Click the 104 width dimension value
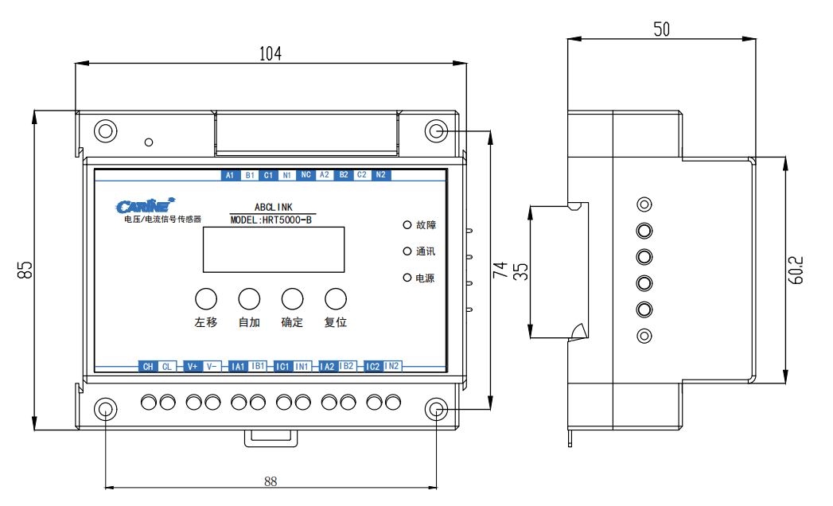(x=271, y=54)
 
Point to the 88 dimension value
(x=271, y=481)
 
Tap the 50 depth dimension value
(x=661, y=29)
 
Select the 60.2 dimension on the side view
(x=798, y=270)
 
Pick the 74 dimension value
(x=499, y=270)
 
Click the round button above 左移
(x=206, y=298)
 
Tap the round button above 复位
(x=336, y=298)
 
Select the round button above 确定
(x=293, y=298)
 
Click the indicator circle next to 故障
(x=407, y=225)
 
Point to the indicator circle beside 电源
(x=407, y=278)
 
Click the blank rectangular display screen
(x=273, y=250)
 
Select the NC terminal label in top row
(x=306, y=175)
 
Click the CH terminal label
(x=147, y=367)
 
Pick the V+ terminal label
(x=192, y=367)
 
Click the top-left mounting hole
(x=105, y=130)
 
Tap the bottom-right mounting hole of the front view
(x=436, y=409)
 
